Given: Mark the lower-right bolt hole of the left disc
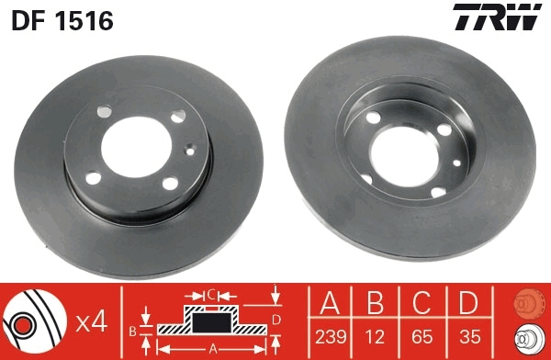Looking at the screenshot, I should click(171, 184).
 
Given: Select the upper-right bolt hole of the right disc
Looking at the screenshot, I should click(445, 129).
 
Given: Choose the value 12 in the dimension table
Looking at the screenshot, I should click(377, 337).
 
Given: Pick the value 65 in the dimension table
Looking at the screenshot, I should click(421, 337).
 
